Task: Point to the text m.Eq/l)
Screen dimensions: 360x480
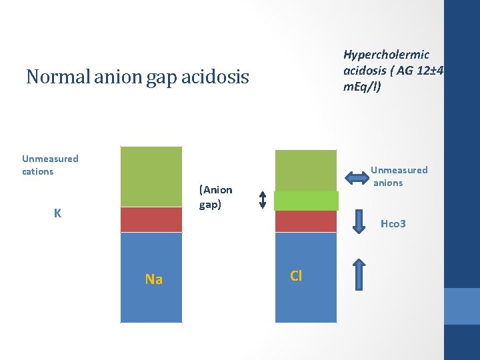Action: click(362, 87)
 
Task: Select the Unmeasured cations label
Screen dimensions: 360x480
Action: click(50, 165)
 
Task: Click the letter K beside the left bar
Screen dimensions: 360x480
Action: click(58, 213)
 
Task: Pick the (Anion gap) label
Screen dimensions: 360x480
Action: click(215, 197)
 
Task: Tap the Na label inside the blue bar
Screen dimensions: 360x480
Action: click(153, 279)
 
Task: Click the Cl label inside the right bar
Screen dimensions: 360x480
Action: click(296, 275)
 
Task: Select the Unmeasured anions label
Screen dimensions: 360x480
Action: click(399, 176)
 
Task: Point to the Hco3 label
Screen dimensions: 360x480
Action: click(393, 224)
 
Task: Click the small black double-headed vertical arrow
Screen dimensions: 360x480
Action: click(262, 199)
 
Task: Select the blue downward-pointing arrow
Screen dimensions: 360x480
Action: click(359, 222)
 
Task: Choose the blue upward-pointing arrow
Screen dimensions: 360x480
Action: click(359, 273)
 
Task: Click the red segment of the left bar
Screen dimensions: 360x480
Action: click(151, 220)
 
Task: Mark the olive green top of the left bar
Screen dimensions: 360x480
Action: click(151, 177)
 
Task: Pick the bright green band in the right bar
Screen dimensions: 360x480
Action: click(307, 201)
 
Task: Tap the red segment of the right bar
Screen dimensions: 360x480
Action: click(306, 221)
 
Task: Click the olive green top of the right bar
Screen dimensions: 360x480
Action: click(306, 170)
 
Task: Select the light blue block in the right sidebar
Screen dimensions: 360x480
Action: click(461, 306)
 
